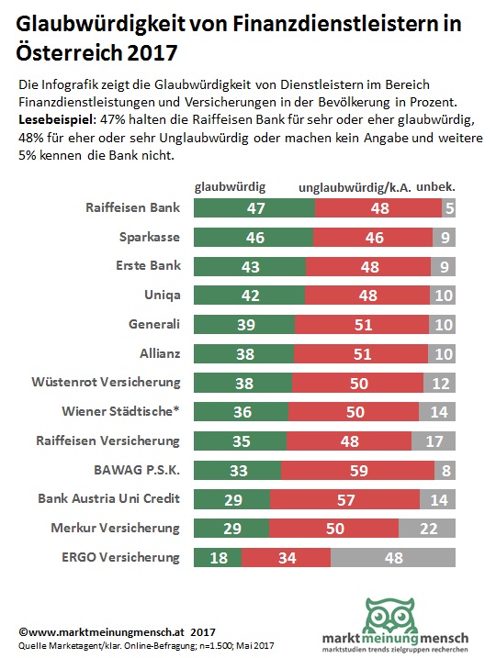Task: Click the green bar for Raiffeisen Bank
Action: pos(254,207)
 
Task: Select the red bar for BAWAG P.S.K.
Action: pos(358,470)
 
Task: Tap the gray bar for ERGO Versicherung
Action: pos(393,557)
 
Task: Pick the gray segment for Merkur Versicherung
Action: pos(427,528)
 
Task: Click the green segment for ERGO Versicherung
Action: pos(218,557)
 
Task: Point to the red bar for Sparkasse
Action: pos(373,237)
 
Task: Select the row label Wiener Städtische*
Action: pos(120,411)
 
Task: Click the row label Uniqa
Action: pos(163,295)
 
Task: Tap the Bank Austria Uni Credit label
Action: pos(108,498)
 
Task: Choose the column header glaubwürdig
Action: pos(230,186)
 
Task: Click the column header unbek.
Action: pos(435,186)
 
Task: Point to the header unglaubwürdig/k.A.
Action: pos(355,187)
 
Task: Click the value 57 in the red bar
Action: pos(345,500)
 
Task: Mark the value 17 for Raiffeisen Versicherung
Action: pos(434,441)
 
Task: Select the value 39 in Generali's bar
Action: pos(245,325)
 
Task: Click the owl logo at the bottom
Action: pos(389,616)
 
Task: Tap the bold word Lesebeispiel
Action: pos(58,120)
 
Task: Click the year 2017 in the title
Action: pos(152,53)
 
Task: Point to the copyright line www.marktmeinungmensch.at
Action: pos(117,632)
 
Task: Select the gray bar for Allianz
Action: pos(442,353)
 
